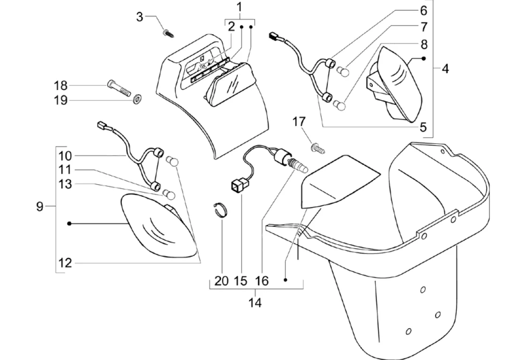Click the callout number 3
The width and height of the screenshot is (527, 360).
(139, 17)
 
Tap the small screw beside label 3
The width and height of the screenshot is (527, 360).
(167, 33)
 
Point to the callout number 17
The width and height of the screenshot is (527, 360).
(299, 122)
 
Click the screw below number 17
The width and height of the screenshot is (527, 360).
(319, 149)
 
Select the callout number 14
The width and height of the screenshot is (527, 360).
(255, 302)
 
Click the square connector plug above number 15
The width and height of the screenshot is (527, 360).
(239, 187)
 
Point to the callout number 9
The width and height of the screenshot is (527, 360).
(40, 206)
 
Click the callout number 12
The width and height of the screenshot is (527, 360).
(65, 262)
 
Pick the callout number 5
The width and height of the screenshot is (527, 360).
(423, 127)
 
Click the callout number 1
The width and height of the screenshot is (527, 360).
(239, 7)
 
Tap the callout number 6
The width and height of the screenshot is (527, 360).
(423, 10)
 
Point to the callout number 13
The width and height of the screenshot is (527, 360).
(65, 184)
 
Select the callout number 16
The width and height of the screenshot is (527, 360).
(262, 281)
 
